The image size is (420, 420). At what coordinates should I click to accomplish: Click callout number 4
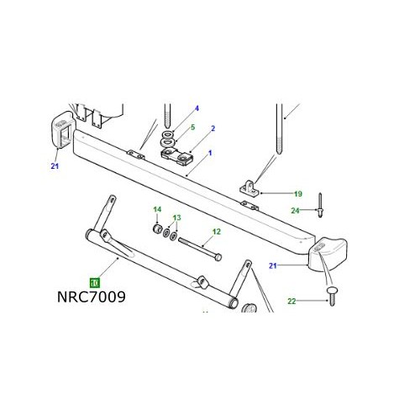point(197,108)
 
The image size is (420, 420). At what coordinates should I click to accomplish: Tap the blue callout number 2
point(214,129)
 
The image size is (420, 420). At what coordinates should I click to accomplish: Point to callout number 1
point(209,153)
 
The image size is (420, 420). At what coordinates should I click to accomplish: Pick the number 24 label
point(295,210)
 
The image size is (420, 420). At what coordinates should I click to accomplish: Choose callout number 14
point(155,209)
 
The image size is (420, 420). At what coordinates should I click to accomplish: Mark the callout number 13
point(176,218)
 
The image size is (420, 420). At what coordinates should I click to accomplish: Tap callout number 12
point(216,232)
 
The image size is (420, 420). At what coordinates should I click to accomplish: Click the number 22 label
point(291,301)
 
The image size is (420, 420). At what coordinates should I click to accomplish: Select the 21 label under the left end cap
point(55,165)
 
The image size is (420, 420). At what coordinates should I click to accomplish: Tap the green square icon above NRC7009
point(94,283)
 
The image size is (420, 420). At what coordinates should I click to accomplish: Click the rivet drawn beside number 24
point(322,203)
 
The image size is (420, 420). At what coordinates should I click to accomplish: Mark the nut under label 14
point(157,228)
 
